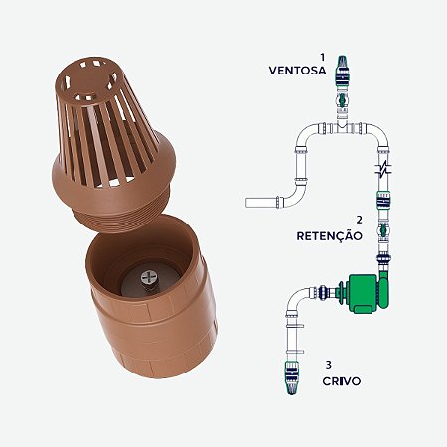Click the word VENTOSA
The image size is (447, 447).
pyautogui.click(x=297, y=71)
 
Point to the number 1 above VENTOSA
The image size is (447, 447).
pyautogui.click(x=322, y=58)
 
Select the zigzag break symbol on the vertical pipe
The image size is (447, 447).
pyautogui.click(x=383, y=169)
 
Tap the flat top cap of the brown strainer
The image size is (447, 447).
pyautogui.click(x=94, y=71)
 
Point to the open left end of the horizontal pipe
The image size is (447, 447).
pyautogui.click(x=249, y=204)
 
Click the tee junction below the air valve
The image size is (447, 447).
pyautogui.click(x=344, y=126)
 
